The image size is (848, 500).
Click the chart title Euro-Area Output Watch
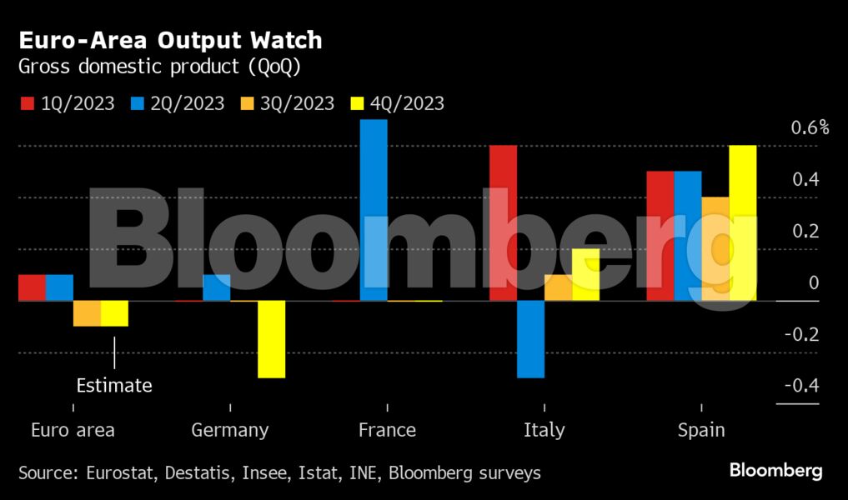click(x=170, y=41)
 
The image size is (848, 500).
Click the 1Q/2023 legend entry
click(x=67, y=103)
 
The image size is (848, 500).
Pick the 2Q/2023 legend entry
click(x=178, y=103)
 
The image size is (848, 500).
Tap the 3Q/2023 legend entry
click(x=288, y=103)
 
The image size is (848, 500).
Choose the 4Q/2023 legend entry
click(x=398, y=103)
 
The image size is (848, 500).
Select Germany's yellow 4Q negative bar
click(x=271, y=339)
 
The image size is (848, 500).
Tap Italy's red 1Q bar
click(x=503, y=223)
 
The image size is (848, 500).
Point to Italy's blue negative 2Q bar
click(x=530, y=339)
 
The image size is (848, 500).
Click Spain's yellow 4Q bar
click(x=742, y=223)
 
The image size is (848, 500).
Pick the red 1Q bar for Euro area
click(x=32, y=287)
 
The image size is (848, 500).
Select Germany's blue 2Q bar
click(x=217, y=287)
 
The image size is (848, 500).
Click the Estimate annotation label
click(x=114, y=386)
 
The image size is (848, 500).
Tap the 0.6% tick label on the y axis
click(x=809, y=128)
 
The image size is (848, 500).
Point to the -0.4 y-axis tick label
click(x=801, y=386)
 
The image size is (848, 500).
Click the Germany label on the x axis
click(x=230, y=430)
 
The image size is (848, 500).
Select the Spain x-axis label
click(x=701, y=430)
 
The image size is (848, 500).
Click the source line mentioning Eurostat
click(x=279, y=473)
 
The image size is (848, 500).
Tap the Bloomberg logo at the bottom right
click(x=775, y=471)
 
